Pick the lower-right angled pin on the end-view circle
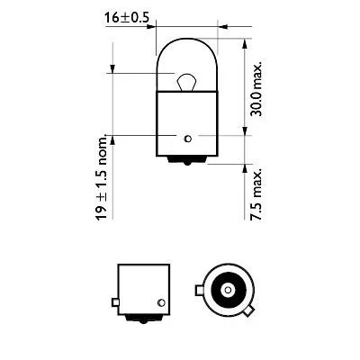[x=248, y=311]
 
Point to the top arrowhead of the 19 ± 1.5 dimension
[x=113, y=67]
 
